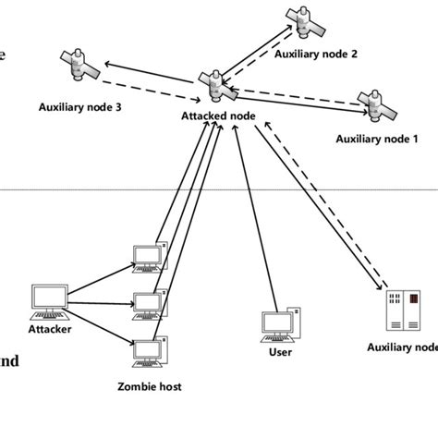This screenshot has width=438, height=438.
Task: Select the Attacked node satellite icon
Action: (x=216, y=88)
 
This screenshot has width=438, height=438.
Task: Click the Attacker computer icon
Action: (x=49, y=299)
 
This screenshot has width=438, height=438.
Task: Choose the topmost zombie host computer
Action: (x=147, y=256)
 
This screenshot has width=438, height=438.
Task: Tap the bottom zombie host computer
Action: (x=148, y=353)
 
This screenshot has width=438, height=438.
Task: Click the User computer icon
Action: (x=278, y=323)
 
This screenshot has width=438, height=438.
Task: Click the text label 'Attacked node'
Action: (x=218, y=116)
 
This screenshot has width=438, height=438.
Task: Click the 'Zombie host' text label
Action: (x=149, y=387)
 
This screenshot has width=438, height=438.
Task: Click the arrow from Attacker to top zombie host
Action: (x=102, y=278)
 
